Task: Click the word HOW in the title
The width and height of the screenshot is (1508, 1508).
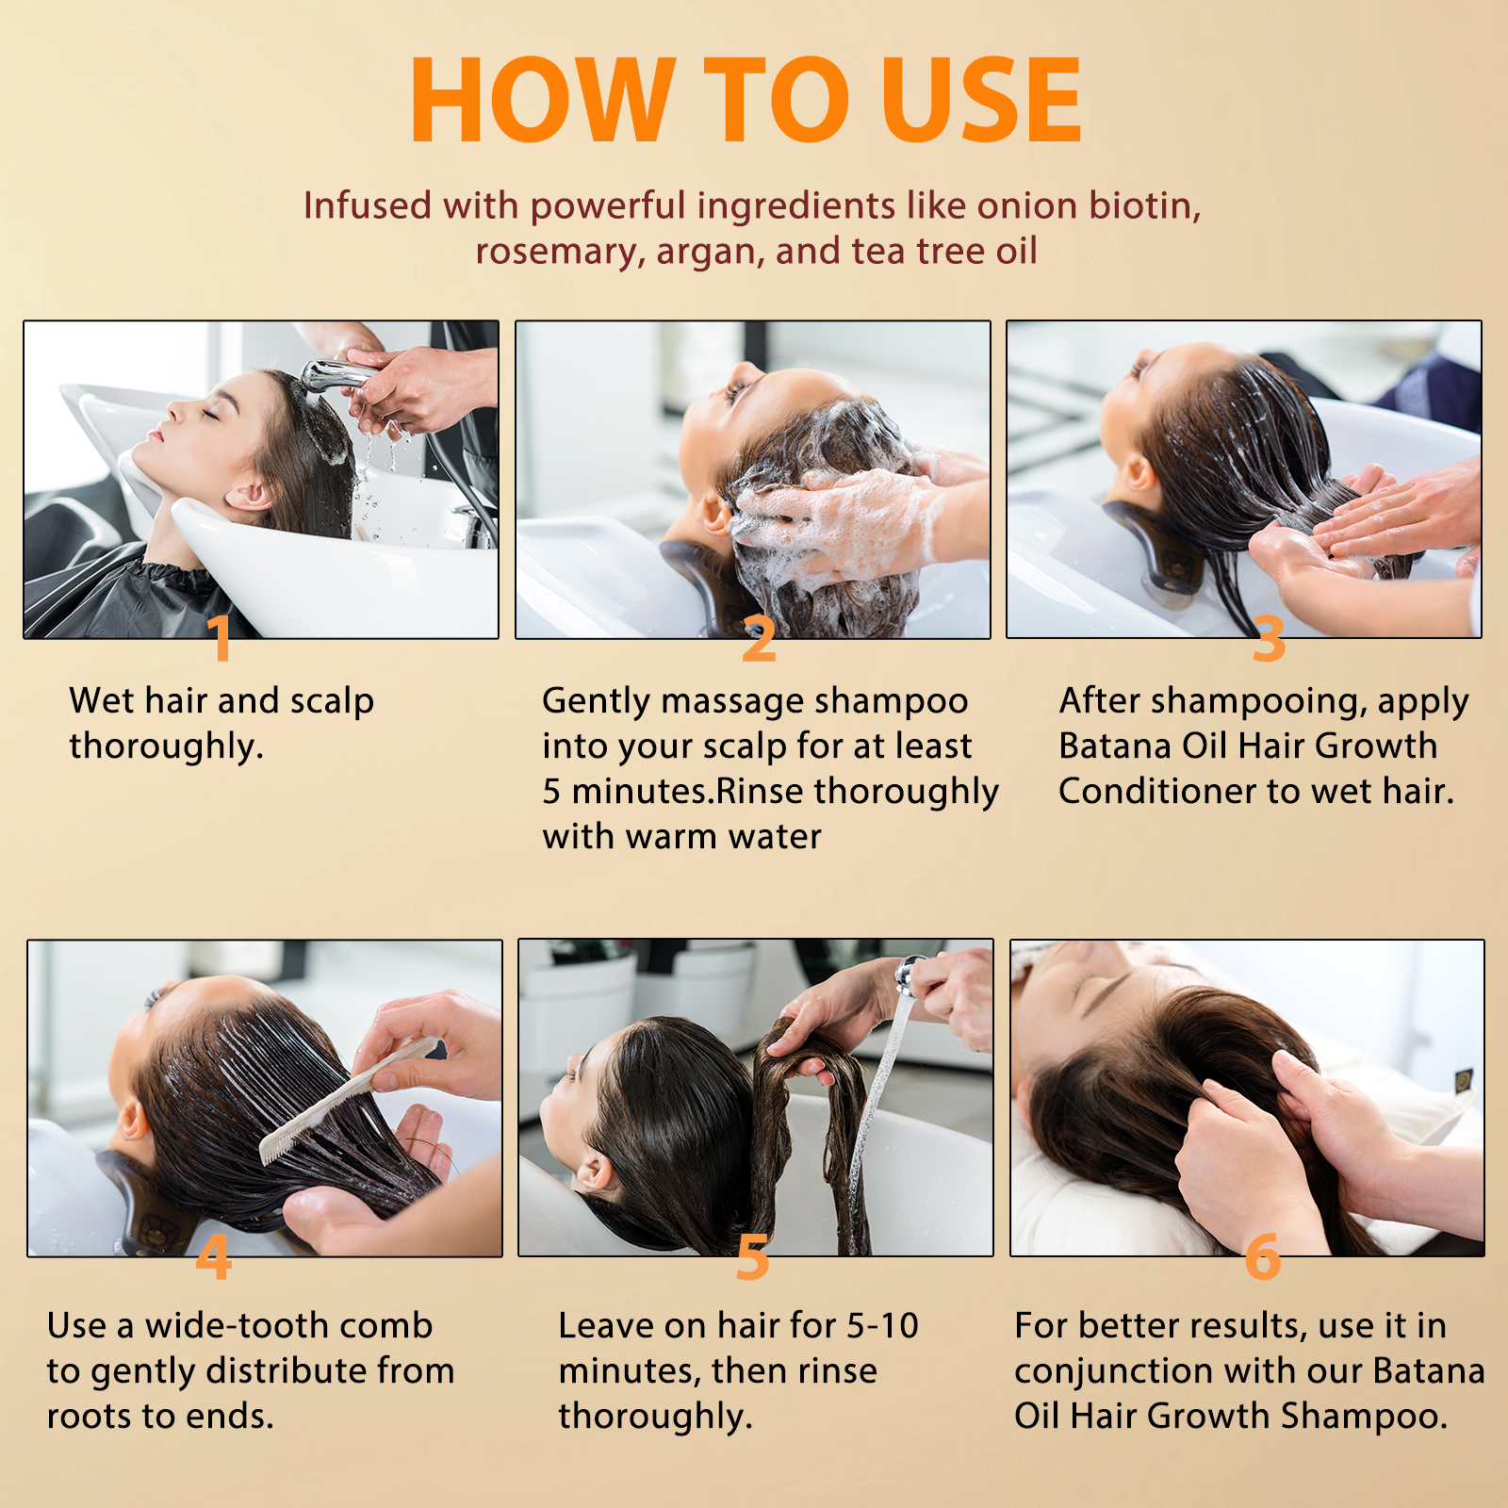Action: point(543,100)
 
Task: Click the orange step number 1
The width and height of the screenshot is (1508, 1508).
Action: point(220,638)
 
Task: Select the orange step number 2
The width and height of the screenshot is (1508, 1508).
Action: point(759,638)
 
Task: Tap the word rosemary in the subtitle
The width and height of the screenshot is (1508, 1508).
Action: point(560,252)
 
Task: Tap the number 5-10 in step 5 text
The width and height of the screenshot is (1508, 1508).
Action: point(882,1325)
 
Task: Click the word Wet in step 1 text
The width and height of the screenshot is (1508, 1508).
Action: point(102,700)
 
